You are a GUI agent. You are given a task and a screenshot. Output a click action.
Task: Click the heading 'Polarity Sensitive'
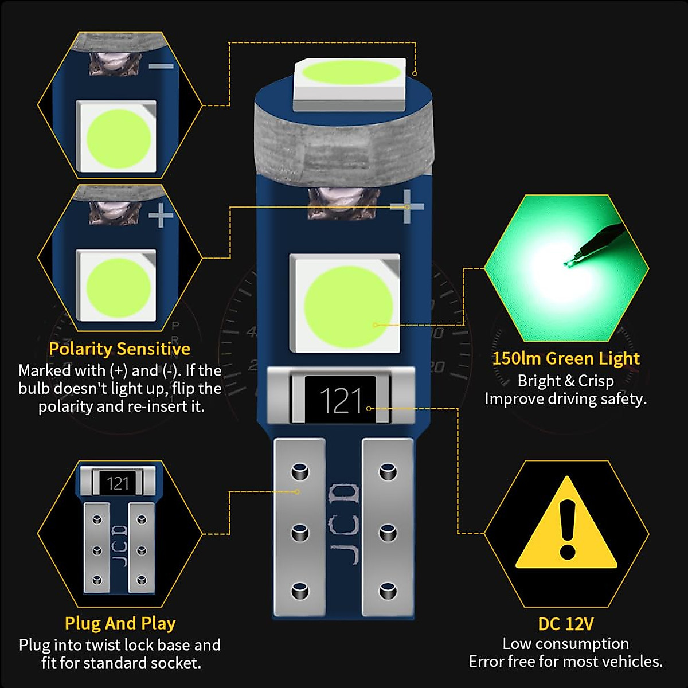[119, 349]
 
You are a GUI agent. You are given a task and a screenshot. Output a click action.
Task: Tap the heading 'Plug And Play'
[120, 623]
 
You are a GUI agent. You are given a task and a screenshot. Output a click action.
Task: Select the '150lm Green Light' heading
[566, 359]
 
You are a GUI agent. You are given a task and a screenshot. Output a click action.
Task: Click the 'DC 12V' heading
[566, 624]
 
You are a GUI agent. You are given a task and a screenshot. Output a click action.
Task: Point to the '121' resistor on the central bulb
[341, 400]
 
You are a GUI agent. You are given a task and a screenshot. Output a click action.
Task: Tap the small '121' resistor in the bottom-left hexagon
[118, 483]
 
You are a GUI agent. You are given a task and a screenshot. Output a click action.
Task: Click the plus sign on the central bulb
[407, 206]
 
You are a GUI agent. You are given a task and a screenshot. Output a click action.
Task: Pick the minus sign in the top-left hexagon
[161, 67]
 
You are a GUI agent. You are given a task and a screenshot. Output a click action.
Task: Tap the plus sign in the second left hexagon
[161, 216]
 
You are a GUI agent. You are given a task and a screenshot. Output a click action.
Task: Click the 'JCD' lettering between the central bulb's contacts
[344, 523]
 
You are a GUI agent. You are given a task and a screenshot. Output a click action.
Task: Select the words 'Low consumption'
[566, 643]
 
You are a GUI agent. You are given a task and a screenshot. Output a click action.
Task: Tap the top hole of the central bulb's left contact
[300, 472]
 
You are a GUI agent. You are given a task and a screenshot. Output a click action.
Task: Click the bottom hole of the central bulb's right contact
[388, 590]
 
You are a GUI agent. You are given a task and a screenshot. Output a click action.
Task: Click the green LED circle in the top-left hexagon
[118, 138]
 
